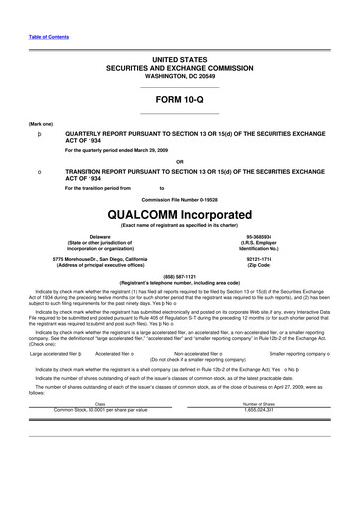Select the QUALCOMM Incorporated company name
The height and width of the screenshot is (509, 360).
(179, 188)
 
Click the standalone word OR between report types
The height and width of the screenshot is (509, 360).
(179, 161)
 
